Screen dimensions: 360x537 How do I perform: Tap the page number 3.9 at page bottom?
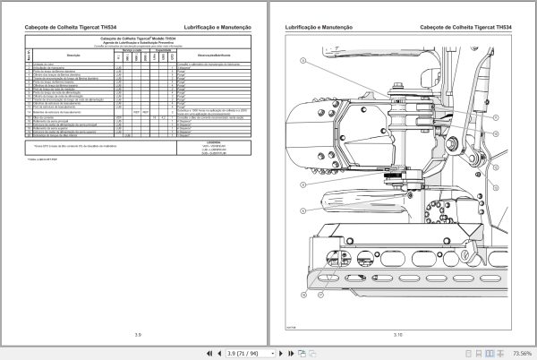[x=137, y=334]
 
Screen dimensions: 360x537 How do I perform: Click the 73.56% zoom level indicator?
[x=518, y=352]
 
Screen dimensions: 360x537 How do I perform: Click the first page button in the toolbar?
[x=209, y=352]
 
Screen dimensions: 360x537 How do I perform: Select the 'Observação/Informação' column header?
[x=202, y=56]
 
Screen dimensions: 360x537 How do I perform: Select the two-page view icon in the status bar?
[x=465, y=352]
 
